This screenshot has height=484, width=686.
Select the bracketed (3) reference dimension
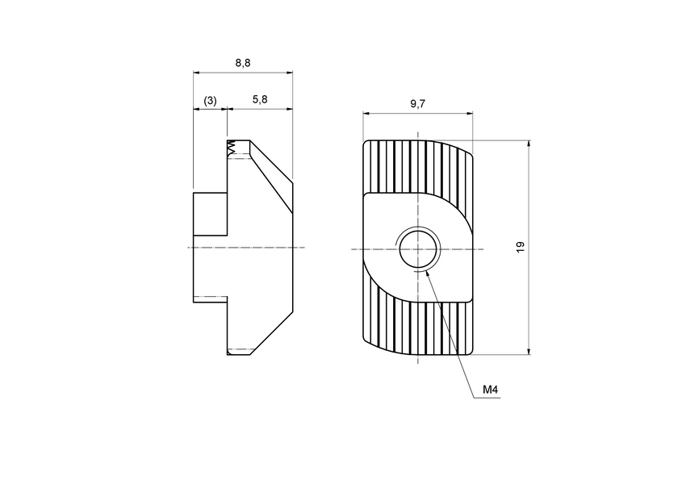pyautogui.click(x=210, y=100)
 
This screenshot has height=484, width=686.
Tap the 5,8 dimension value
pyautogui.click(x=260, y=100)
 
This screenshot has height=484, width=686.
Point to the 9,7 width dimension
pyautogui.click(x=417, y=103)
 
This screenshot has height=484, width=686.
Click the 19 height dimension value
pyautogui.click(x=521, y=248)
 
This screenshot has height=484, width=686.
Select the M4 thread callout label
pyautogui.click(x=490, y=390)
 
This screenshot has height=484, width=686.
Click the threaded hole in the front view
pyautogui.click(x=417, y=248)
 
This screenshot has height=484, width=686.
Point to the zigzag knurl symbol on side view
pyautogui.click(x=232, y=148)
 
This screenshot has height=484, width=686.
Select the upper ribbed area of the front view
pyautogui.click(x=416, y=167)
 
